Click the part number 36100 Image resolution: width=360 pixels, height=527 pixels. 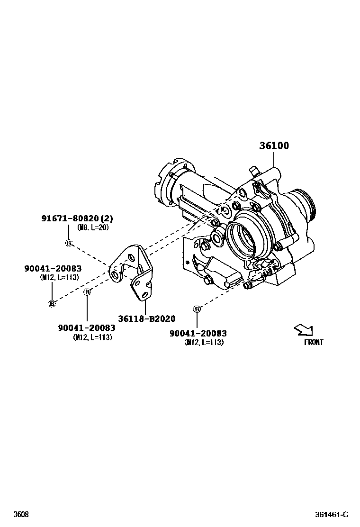tap(274, 145)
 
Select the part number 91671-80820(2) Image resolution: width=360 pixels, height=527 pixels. tap(77, 218)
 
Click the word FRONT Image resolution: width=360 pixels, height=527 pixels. tap(314, 342)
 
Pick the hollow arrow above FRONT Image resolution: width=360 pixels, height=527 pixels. tap(304, 330)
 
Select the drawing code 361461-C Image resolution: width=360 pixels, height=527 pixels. tap(332, 514)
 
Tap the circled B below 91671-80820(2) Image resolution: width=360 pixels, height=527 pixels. tap(68, 243)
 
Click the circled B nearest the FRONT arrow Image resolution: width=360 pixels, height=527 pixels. tap(197, 309)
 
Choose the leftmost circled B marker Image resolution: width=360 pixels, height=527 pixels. tap(52, 303)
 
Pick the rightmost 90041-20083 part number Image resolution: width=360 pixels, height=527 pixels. tap(198, 334)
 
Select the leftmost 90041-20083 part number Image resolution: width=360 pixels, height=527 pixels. tap(53, 269)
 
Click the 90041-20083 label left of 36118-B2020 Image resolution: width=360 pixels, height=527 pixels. tap(87, 328)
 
